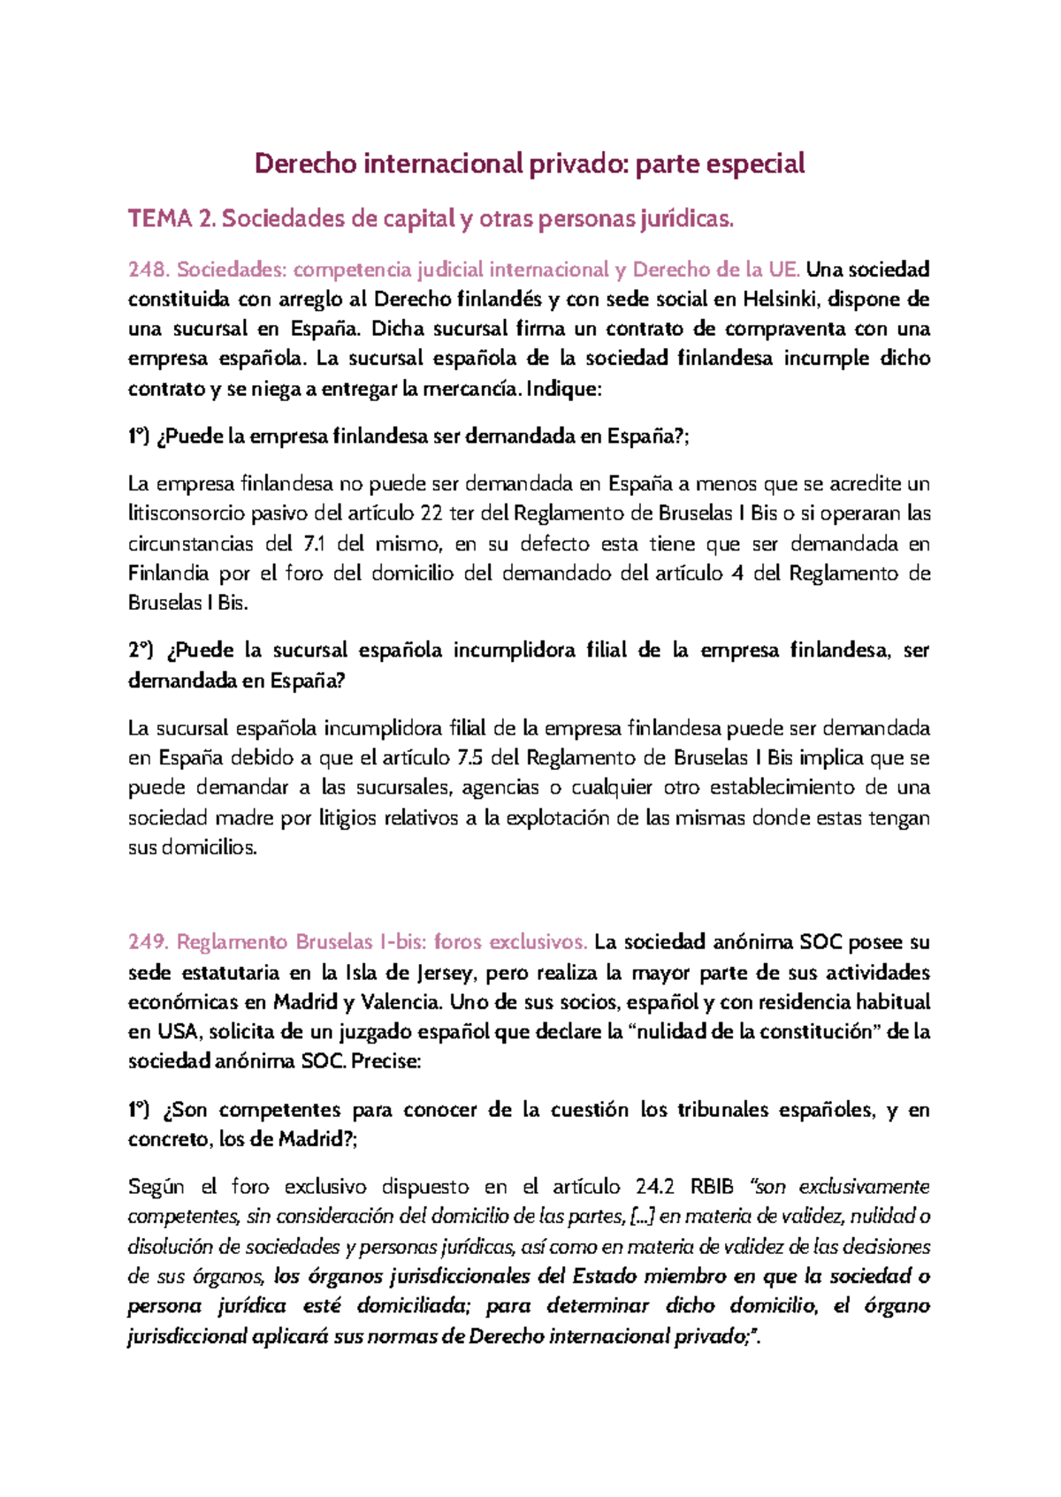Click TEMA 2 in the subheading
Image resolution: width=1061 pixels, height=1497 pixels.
172,218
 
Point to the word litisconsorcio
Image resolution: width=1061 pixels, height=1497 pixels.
187,514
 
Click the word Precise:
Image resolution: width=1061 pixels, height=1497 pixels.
386,1061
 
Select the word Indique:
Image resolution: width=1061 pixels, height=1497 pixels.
563,389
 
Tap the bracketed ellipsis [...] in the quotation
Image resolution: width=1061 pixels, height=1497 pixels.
641,1217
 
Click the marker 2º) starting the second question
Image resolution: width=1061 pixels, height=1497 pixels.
141,651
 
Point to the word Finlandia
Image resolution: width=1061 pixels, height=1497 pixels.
168,574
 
